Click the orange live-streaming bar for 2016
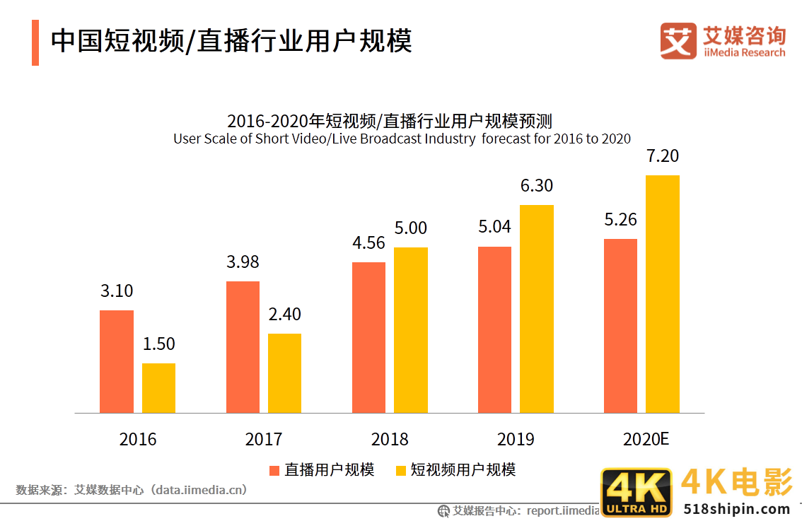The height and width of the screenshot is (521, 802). click(116, 361)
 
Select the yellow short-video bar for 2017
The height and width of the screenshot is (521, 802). click(284, 373)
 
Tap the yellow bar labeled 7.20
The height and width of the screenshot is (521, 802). click(663, 293)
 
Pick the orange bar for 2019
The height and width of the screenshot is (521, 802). click(494, 329)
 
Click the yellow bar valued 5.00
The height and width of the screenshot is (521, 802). click(411, 329)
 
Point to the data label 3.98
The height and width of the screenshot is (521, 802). click(243, 262)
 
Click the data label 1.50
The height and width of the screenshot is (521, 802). click(158, 344)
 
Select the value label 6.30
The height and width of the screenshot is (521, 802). click(536, 186)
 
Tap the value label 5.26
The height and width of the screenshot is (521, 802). click(620, 220)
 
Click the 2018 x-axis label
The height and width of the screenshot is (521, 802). click(390, 439)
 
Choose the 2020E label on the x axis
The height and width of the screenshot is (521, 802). click(646, 439)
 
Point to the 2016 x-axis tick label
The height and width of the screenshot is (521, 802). click(138, 439)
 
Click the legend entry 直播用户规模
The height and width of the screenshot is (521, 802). click(322, 470)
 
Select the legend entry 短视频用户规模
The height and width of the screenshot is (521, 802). click(455, 470)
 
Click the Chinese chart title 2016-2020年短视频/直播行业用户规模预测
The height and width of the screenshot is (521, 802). click(389, 120)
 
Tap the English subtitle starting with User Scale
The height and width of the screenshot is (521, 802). click(402, 139)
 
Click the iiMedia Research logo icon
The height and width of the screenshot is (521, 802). click(678, 41)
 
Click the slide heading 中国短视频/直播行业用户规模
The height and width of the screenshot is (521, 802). click(231, 41)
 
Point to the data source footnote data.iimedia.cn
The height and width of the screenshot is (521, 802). click(132, 489)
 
